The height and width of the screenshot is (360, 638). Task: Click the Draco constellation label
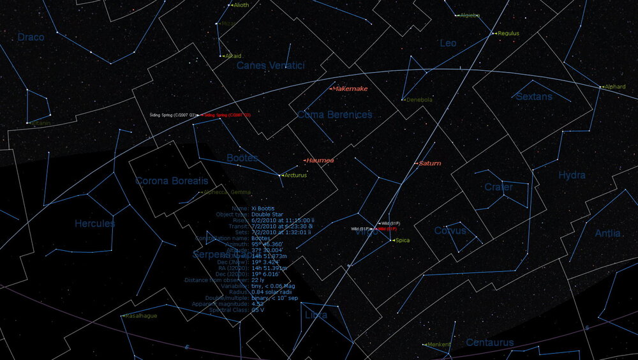(x=31, y=38)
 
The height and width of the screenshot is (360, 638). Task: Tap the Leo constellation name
(x=449, y=43)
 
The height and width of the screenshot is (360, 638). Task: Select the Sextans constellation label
(x=534, y=96)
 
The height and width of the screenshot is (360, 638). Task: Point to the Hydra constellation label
(x=572, y=176)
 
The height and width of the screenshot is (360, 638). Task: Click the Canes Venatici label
(x=271, y=65)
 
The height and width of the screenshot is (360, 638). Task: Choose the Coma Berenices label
(x=334, y=115)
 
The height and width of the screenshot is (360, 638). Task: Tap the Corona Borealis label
(x=172, y=181)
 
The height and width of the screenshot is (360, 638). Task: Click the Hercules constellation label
(x=95, y=223)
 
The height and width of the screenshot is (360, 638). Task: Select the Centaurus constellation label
(x=489, y=343)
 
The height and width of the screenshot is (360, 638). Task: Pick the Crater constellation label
(x=498, y=188)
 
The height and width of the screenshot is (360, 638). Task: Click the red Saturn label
(x=430, y=163)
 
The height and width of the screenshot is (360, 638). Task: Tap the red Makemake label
(x=350, y=89)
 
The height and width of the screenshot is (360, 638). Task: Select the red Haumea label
(x=320, y=161)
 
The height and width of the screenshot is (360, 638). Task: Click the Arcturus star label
(x=295, y=175)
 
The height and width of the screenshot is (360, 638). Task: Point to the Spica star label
(x=402, y=241)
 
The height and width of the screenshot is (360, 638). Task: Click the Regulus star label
(x=508, y=33)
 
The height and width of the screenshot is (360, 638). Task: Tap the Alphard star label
(x=615, y=87)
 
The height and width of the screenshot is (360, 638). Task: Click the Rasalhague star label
(x=142, y=316)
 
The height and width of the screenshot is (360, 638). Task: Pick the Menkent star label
(x=440, y=345)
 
